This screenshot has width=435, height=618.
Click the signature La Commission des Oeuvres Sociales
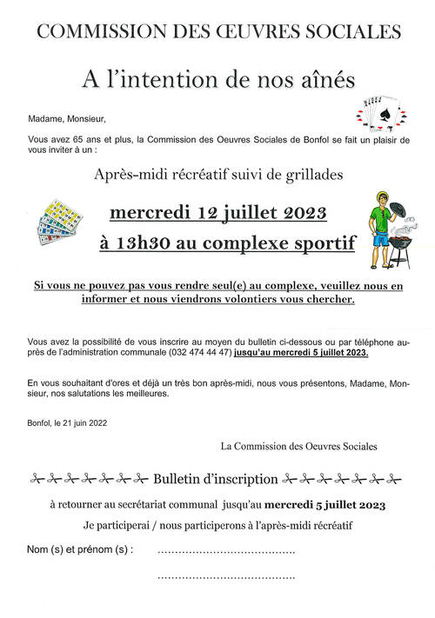pos(299,447)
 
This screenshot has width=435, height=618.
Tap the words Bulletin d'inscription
pos(215,478)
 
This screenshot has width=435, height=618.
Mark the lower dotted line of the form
pos(226,576)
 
